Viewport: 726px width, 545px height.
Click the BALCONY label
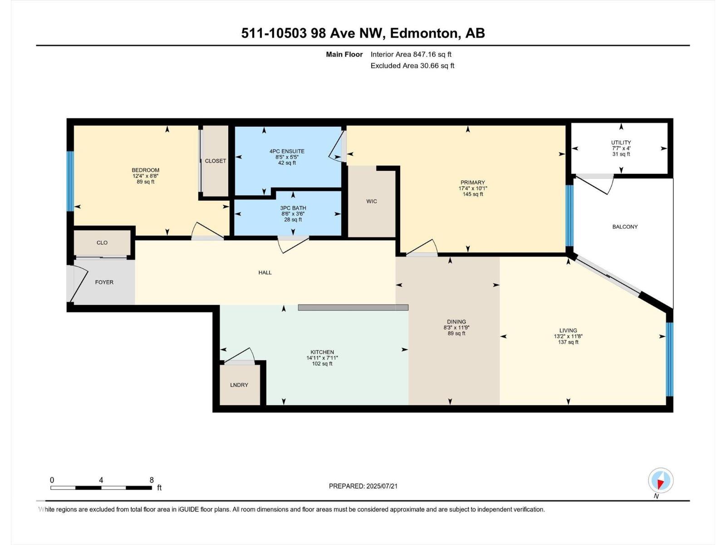tap(625, 227)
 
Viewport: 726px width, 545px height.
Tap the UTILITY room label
tap(621, 143)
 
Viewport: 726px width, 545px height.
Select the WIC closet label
tap(372, 201)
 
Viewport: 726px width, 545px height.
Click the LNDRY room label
tap(239, 385)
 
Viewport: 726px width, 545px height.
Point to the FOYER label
tap(104, 282)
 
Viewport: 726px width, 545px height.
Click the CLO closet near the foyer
tap(102, 243)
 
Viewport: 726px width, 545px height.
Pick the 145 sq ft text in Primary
tap(473, 194)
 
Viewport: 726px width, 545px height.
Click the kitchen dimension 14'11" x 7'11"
tap(322, 358)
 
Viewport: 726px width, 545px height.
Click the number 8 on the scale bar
tap(152, 480)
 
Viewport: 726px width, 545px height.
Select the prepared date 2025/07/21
tap(382, 486)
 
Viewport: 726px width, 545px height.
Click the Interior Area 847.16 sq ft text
tap(411, 54)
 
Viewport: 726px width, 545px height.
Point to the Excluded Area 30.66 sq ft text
tap(412, 66)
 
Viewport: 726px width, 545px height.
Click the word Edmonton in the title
tap(423, 33)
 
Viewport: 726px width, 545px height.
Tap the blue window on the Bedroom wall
tap(70, 181)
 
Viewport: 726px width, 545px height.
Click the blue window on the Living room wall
tap(669, 359)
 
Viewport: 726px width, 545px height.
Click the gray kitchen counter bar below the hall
tap(353, 307)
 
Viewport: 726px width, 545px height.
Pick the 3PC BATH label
tap(293, 208)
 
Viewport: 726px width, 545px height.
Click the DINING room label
tap(456, 322)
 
